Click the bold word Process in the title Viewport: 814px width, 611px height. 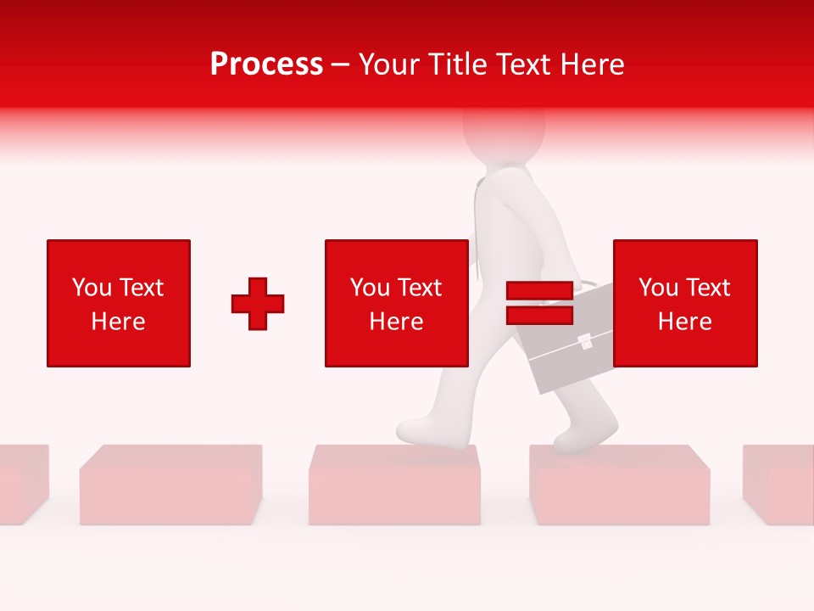click(x=266, y=64)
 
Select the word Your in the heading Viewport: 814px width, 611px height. click(x=389, y=64)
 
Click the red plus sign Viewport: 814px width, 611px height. click(x=258, y=304)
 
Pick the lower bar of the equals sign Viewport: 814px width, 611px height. click(x=539, y=315)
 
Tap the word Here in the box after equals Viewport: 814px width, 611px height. click(x=685, y=322)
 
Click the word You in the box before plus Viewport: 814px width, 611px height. click(x=92, y=288)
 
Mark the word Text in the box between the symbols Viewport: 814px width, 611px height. click(x=421, y=288)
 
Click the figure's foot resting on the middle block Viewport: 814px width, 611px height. click(x=424, y=431)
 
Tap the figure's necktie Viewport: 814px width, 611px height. click(x=480, y=229)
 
